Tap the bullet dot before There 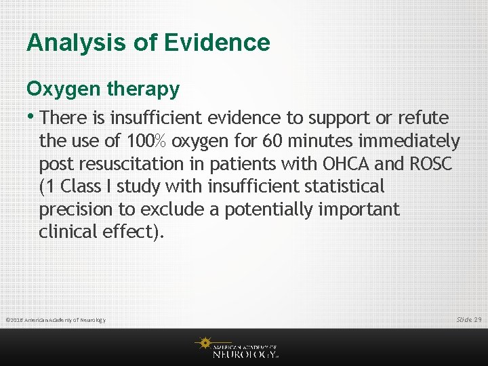(31, 117)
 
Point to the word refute (423, 118)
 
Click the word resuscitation (128, 164)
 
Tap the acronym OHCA (344, 164)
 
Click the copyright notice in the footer (56, 319)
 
